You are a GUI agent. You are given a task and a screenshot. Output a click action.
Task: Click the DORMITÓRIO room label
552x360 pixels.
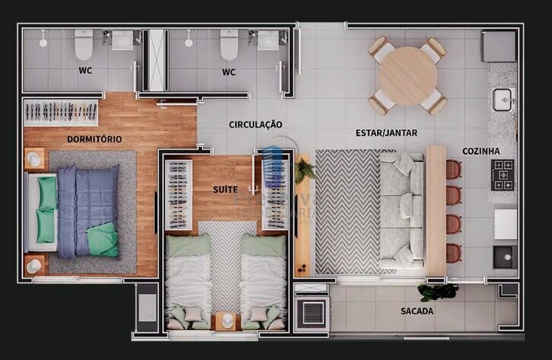click(94, 139)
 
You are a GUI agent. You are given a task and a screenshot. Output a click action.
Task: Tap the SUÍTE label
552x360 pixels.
click(225, 188)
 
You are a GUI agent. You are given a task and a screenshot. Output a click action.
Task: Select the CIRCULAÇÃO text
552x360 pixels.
click(255, 124)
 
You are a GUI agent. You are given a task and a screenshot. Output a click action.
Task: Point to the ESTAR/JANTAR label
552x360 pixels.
click(386, 133)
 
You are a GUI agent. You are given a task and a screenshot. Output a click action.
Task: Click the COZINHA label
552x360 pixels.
click(480, 151)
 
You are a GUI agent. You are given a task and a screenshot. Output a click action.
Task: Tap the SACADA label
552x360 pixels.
click(416, 311)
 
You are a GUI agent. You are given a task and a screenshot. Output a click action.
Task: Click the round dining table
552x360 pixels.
click(407, 75)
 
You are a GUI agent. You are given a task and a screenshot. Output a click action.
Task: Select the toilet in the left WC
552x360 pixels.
click(84, 45)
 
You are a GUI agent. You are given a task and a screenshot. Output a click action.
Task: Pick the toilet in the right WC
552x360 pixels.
click(229, 45)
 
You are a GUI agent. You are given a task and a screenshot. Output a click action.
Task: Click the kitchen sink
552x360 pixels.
click(502, 99)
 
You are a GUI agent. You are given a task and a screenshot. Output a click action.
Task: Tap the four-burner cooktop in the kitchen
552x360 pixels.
click(503, 174)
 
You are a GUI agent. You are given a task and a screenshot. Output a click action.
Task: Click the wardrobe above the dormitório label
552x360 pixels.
click(61, 113)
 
